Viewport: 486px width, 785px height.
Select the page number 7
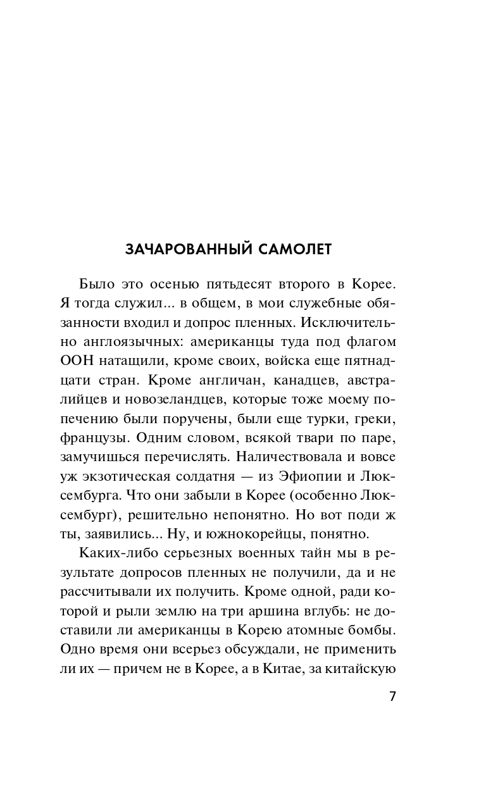coord(392,697)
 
